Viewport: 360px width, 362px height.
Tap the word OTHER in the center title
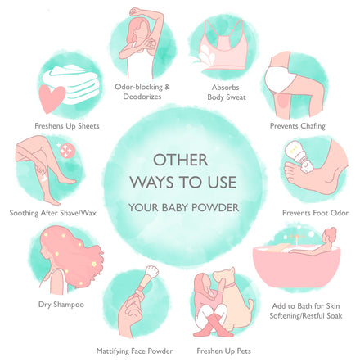pyautogui.click(x=181, y=160)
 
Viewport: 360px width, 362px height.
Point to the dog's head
pyautogui.click(x=224, y=276)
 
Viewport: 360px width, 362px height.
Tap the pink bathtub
pyautogui.click(x=296, y=266)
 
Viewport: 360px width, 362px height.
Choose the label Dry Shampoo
pyautogui.click(x=61, y=305)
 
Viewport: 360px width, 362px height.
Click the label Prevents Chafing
pyautogui.click(x=298, y=126)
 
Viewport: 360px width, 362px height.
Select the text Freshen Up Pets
pyautogui.click(x=223, y=351)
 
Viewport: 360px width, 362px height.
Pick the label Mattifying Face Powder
pyautogui.click(x=134, y=351)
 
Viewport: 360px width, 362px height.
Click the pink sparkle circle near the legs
pyautogui.click(x=65, y=150)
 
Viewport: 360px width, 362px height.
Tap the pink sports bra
pyautogui.click(x=223, y=49)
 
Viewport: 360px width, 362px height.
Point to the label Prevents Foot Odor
pyautogui.click(x=316, y=213)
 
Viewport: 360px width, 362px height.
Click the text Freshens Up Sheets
pyautogui.click(x=67, y=126)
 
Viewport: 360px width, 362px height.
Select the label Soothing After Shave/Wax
pyautogui.click(x=53, y=213)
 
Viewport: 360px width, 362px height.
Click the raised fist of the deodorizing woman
pyautogui.click(x=134, y=11)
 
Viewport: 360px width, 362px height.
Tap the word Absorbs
pyautogui.click(x=226, y=88)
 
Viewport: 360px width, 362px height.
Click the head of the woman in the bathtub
pyautogui.click(x=330, y=235)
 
